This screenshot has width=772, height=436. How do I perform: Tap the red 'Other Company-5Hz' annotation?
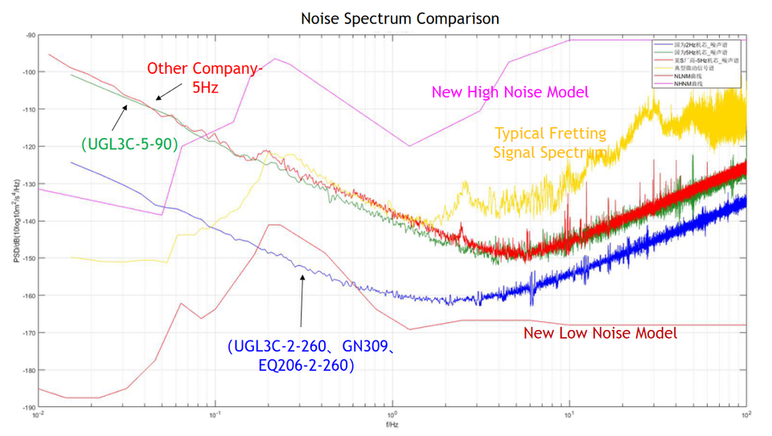click(x=204, y=76)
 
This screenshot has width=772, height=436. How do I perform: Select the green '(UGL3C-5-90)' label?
click(x=129, y=144)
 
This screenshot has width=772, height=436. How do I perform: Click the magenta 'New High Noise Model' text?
click(x=510, y=92)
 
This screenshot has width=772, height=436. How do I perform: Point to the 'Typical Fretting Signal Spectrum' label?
click(x=550, y=141)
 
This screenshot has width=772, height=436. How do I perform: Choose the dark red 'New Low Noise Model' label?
click(x=600, y=333)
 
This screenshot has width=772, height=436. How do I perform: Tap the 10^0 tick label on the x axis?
click(x=392, y=415)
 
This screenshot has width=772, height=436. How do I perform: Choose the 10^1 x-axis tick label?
click(x=569, y=415)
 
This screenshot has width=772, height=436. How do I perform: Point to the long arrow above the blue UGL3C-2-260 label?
click(x=302, y=300)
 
